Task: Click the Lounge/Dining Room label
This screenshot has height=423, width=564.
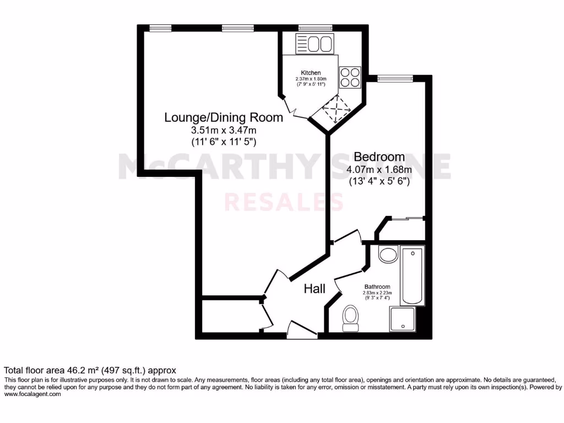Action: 224,117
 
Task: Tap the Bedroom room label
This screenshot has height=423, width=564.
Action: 379,156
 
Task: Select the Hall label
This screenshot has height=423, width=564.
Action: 314,289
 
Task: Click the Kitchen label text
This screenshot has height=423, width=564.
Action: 311,73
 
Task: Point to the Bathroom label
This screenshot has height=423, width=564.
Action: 377,287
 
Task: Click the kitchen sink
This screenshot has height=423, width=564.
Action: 314,44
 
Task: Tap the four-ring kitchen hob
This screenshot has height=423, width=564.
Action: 350,78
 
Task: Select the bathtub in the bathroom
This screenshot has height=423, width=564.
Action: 413,276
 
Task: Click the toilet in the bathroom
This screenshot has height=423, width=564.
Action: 350,318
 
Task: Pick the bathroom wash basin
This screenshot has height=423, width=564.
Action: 389,254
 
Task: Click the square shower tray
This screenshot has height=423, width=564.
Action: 404,319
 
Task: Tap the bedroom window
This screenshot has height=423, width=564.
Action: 394,78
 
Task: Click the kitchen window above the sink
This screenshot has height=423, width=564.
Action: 315,28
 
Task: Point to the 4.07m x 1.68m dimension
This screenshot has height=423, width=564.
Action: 379,170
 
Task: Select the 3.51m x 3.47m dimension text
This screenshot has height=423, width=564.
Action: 224,131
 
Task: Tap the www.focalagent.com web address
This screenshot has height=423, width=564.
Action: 32,394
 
